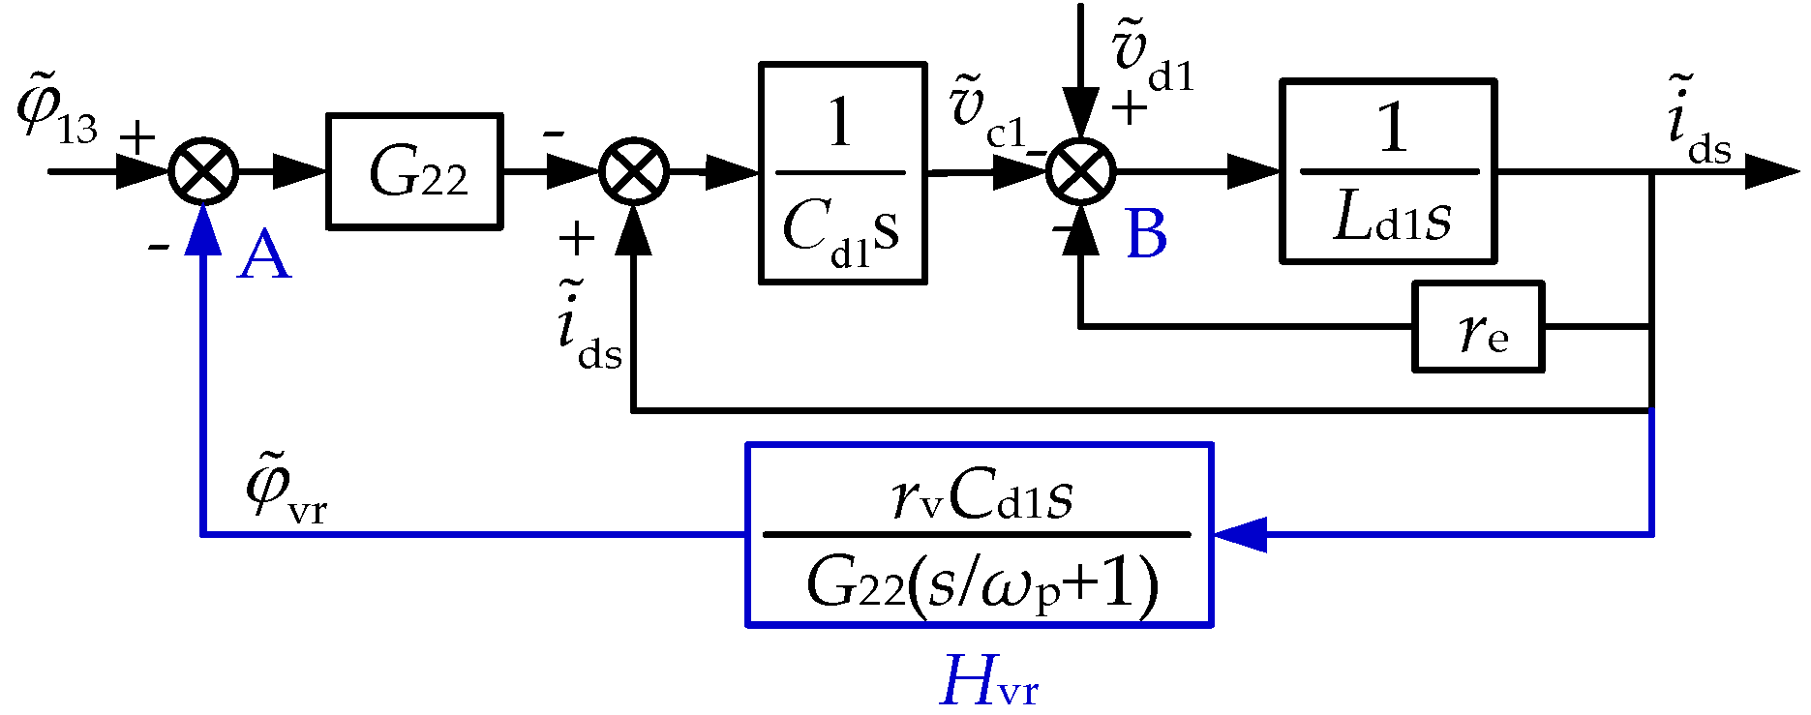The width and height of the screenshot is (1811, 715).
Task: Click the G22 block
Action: click(414, 172)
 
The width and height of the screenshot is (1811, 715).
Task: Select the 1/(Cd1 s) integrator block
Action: click(842, 173)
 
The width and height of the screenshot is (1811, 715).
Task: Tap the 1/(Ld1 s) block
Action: click(1388, 172)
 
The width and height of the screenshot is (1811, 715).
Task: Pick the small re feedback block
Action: click(1477, 327)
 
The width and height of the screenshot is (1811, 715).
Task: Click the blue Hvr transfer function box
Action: click(979, 535)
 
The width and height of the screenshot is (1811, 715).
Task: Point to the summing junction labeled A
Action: click(203, 172)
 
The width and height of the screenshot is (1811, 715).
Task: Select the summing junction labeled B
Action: click(1081, 172)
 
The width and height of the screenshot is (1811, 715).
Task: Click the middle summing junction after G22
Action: click(634, 172)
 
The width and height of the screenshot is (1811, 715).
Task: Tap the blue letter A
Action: click(263, 256)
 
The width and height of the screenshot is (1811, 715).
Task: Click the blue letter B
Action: click(1146, 235)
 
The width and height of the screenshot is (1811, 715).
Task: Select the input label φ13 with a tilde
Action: click(56, 114)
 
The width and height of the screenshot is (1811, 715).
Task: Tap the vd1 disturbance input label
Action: click(1152, 60)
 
